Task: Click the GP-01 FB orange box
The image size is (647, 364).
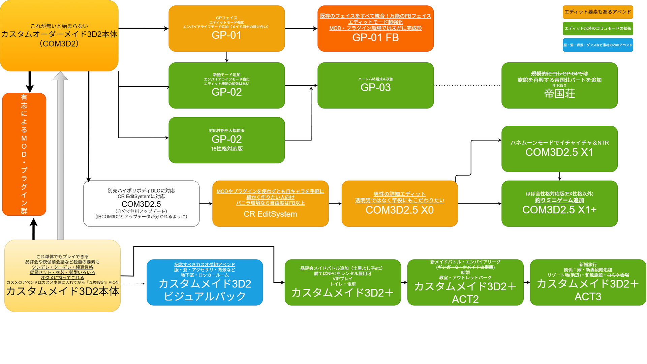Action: pyautogui.click(x=375, y=29)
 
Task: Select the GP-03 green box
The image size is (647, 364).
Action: pyautogui.click(x=375, y=85)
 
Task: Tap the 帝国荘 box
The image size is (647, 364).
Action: pyautogui.click(x=559, y=85)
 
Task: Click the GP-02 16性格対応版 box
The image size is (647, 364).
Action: pyautogui.click(x=226, y=140)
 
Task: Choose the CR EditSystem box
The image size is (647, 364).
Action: pyautogui.click(x=270, y=204)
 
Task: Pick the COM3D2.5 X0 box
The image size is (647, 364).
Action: pyautogui.click(x=399, y=204)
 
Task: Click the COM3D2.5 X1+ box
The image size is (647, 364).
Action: pyautogui.click(x=559, y=204)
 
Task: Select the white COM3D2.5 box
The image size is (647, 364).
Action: pyautogui.click(x=141, y=204)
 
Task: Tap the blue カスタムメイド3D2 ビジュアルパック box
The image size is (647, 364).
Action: pyautogui.click(x=205, y=282)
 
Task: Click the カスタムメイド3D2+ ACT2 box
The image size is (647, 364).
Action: pyautogui.click(x=465, y=282)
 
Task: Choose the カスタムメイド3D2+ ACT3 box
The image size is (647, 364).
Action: pyautogui.click(x=588, y=282)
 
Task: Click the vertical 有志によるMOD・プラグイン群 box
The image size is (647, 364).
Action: pyautogui.click(x=24, y=154)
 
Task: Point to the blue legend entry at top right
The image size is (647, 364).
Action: pyautogui.click(x=598, y=45)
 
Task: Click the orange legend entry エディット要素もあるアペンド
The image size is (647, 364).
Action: pyautogui.click(x=598, y=12)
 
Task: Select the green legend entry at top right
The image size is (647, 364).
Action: pyautogui.click(x=598, y=28)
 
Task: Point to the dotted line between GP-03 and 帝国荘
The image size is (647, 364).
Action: pyautogui.click(x=467, y=85)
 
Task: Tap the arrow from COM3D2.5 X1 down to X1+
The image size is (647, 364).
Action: pyautogui.click(x=559, y=176)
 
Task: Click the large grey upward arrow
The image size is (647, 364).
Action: pyautogui.click(x=60, y=155)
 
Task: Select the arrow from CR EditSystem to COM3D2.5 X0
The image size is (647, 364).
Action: pyautogui.click(x=335, y=204)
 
